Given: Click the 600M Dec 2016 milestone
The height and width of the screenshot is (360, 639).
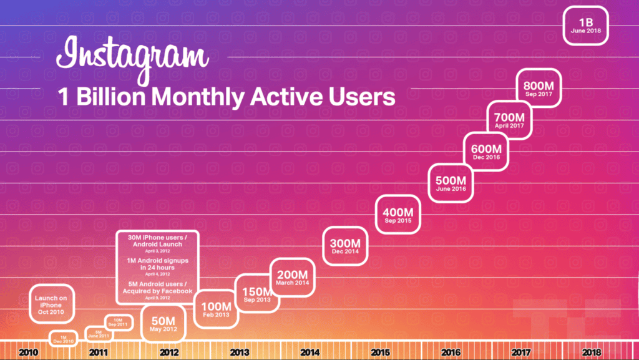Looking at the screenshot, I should tap(487, 151).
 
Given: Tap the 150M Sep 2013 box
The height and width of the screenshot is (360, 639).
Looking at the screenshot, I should tap(256, 293).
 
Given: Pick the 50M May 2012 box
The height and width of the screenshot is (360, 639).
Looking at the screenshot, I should tap(163, 323).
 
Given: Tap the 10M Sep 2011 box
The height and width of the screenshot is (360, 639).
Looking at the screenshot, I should tap(117, 322).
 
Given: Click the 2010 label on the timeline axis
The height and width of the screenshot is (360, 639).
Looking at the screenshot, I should tap(28, 353).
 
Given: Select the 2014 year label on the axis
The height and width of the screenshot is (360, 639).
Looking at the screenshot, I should tap(310, 353).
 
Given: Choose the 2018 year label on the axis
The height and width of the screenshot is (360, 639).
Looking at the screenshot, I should tap(592, 353).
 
